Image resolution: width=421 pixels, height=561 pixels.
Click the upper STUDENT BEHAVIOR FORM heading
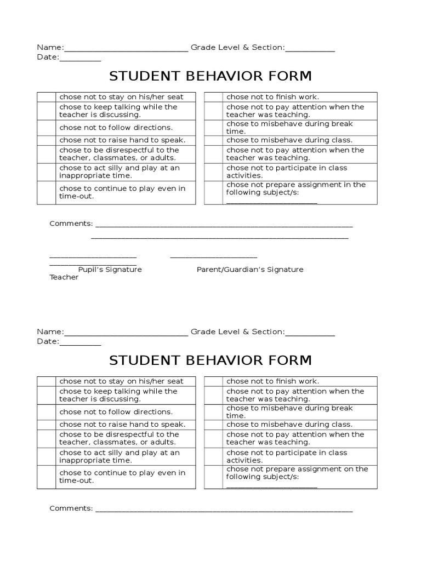210,76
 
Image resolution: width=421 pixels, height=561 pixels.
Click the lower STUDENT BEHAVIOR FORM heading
210,360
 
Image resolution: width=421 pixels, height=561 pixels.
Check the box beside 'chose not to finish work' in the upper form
213,97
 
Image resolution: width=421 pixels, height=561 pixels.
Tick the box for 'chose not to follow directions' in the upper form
47,128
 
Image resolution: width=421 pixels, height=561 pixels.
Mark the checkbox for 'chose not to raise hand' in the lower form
47,425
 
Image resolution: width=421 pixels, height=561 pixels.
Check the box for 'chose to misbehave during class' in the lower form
213,425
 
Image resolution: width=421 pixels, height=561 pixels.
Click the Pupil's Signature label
110,270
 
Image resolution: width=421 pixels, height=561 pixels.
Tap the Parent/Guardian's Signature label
250,270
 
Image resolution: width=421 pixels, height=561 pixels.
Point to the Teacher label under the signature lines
64,277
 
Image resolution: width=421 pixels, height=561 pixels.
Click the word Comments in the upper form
71,224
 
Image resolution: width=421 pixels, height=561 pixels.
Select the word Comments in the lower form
71,508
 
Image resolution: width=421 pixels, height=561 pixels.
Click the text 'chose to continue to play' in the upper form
122,188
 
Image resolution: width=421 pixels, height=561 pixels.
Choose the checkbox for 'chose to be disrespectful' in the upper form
47,154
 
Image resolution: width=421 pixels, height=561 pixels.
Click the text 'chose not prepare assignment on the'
297,469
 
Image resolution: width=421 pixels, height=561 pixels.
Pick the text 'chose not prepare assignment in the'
296,185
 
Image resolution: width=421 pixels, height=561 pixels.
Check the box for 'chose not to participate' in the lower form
213,456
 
